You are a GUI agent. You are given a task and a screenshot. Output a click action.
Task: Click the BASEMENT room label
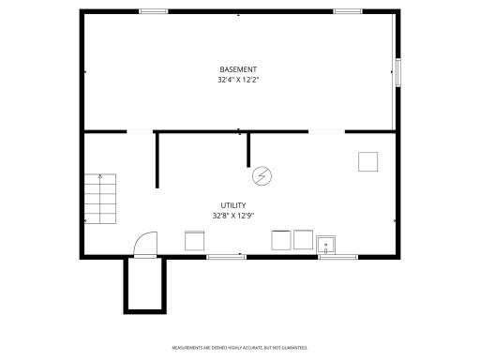pyautogui.click(x=238, y=69)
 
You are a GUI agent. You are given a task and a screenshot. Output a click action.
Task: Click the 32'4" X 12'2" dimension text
pyautogui.click(x=238, y=80)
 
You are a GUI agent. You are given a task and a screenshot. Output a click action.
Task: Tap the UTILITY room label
pyautogui.click(x=233, y=205)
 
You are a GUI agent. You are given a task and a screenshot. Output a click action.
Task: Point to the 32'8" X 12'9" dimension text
pyautogui.click(x=233, y=216)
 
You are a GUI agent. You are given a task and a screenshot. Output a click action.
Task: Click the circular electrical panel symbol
pyautogui.click(x=262, y=174)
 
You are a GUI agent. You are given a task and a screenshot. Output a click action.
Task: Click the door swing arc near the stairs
pyautogui.click(x=143, y=243)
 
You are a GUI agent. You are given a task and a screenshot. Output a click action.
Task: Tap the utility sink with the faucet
pyautogui.click(x=327, y=244)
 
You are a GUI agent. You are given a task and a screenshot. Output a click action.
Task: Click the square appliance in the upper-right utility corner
pyautogui.click(x=367, y=161)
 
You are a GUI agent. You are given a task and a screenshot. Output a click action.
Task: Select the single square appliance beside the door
pyautogui.click(x=195, y=240)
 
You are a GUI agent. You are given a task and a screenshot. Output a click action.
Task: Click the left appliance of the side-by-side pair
pyautogui.click(x=280, y=240)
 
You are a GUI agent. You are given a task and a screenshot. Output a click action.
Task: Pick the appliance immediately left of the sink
pyautogui.click(x=302, y=239)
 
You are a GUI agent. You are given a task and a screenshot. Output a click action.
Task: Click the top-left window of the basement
pyautogui.click(x=153, y=11)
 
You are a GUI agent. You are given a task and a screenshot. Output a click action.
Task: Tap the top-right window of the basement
pyautogui.click(x=348, y=11)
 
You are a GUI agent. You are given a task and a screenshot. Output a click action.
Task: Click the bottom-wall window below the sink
pyautogui.click(x=337, y=256)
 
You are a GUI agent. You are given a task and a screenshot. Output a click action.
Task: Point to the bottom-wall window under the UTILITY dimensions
pyautogui.click(x=225, y=256)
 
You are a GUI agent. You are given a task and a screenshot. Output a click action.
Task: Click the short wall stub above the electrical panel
pyautogui.click(x=248, y=150)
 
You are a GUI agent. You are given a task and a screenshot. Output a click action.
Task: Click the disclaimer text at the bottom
pyautogui.click(x=239, y=347)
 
